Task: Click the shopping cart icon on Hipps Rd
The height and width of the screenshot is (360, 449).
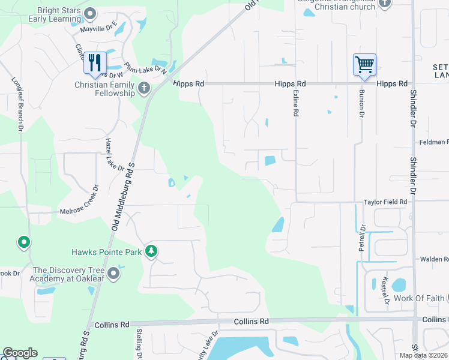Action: point(364,64)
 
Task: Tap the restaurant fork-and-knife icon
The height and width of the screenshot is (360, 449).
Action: point(95,62)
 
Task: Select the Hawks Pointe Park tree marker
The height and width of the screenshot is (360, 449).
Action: point(151,251)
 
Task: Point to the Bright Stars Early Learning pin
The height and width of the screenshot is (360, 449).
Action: point(90,13)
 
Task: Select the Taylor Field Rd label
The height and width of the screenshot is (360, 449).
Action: point(385,203)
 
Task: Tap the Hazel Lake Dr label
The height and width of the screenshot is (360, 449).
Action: point(114,154)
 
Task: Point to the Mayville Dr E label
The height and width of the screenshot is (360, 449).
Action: point(99,28)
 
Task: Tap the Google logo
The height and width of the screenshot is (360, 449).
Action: point(20,353)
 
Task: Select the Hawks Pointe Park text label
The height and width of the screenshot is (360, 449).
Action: point(106,252)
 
